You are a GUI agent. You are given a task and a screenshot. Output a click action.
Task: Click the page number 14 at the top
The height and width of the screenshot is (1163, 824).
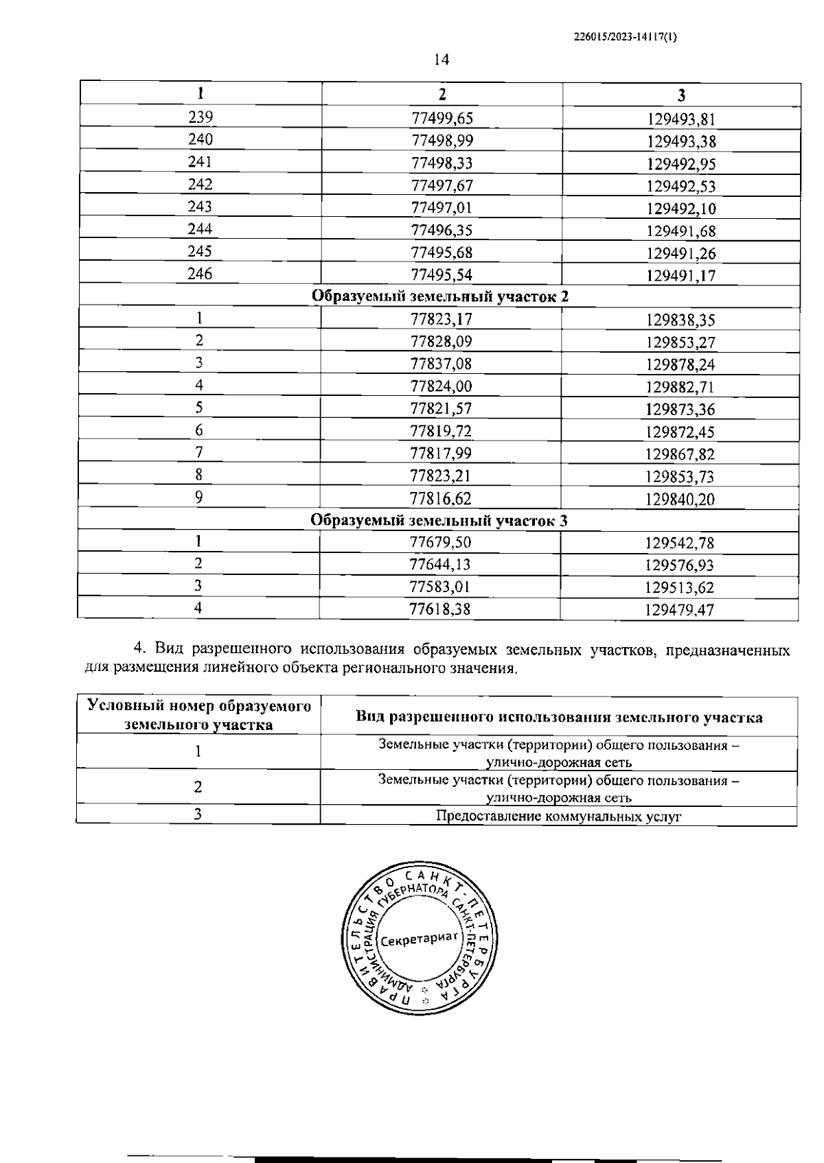[x=442, y=60]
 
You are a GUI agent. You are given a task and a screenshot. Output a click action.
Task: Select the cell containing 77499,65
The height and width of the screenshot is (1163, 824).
[x=442, y=118]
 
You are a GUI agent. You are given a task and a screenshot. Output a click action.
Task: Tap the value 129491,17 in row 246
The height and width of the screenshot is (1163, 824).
[x=681, y=276]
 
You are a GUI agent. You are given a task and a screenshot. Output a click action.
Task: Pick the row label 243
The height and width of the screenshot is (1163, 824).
[x=200, y=207]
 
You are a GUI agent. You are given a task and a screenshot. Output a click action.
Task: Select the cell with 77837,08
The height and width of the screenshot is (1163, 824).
[x=442, y=364]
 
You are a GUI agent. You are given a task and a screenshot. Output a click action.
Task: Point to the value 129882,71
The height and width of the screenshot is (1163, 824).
[x=680, y=387]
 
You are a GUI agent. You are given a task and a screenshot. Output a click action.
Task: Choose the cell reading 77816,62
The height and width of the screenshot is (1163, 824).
[x=441, y=498]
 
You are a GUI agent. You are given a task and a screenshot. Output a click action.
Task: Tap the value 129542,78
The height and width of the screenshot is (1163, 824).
[x=680, y=543]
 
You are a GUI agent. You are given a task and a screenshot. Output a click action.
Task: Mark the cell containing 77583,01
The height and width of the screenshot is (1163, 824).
[x=440, y=587]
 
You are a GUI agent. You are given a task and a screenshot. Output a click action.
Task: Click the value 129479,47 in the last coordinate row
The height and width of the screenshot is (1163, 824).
[x=680, y=609]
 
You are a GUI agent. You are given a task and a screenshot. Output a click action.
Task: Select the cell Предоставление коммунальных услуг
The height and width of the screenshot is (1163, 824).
[x=558, y=816]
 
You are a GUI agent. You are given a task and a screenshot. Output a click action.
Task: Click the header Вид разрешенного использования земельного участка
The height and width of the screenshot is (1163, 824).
[x=558, y=717]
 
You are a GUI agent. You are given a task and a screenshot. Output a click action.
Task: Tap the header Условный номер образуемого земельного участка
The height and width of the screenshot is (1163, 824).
[x=198, y=715]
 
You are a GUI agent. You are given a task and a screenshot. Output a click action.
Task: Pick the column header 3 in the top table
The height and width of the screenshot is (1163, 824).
[x=681, y=95]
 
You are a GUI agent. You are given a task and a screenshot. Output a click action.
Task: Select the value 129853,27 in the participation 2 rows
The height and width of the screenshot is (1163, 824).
[x=680, y=342]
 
